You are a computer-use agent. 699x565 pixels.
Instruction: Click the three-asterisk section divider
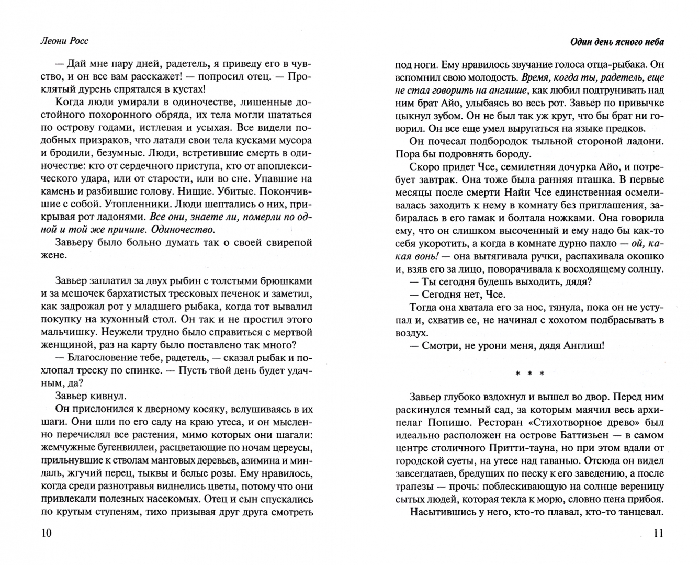tap(529, 374)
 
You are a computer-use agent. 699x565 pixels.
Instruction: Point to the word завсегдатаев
tap(424, 474)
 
